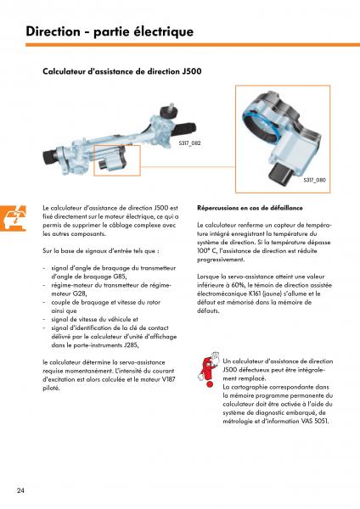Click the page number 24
20,490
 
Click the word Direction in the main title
53,31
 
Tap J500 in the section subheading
192,71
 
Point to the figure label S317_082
189,143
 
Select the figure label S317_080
314,180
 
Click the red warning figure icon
207,369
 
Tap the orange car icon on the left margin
13,219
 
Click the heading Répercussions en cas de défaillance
250,208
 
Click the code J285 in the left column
131,345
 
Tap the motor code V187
169,379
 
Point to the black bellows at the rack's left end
49,156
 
